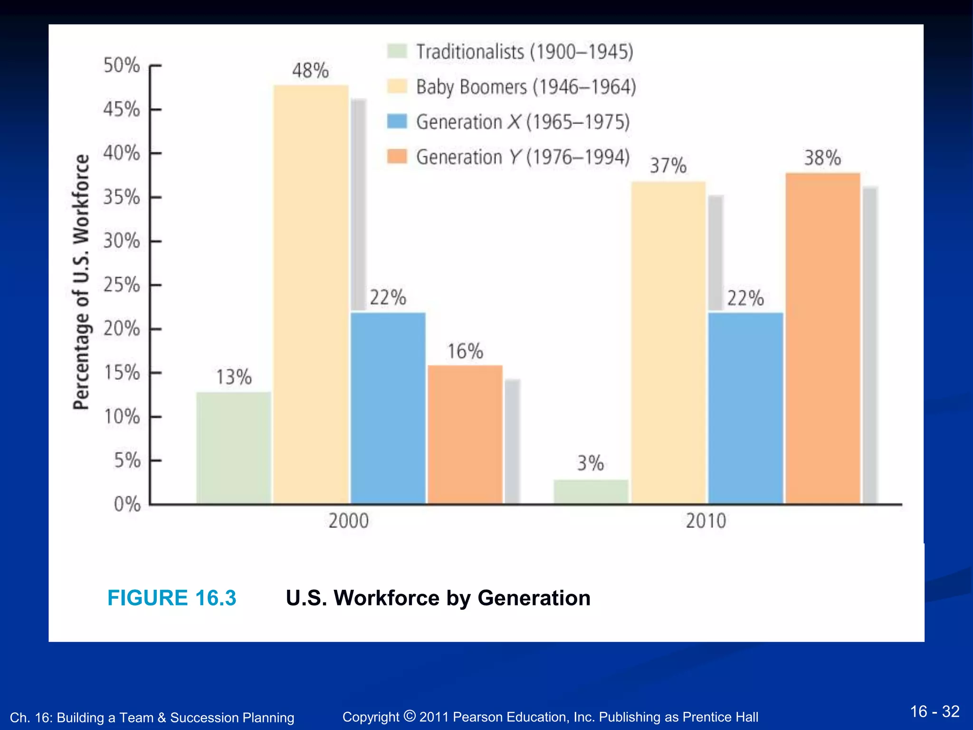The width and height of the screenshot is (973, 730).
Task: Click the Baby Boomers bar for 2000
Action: [x=311, y=295]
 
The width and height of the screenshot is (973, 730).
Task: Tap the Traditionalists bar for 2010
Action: [x=591, y=492]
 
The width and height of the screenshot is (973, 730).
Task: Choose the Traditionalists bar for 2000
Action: [x=234, y=448]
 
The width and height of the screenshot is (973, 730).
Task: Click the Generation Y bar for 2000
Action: [x=465, y=434]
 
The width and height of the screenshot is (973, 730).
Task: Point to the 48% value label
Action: [x=310, y=71]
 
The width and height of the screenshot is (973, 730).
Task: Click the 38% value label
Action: [x=822, y=158]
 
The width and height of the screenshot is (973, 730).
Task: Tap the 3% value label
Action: [x=591, y=463]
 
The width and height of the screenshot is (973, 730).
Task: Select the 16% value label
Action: [x=465, y=352]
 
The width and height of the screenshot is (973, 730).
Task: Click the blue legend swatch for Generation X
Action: [x=397, y=122]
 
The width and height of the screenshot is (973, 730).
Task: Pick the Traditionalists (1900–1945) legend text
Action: [x=525, y=52]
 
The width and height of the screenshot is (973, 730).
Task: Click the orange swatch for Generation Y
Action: [x=397, y=156]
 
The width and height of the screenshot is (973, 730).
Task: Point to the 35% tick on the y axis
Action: [x=122, y=197]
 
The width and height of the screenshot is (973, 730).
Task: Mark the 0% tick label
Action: [x=127, y=504]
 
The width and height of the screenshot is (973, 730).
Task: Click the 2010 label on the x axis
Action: [x=706, y=521]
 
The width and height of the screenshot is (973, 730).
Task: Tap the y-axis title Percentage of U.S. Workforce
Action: [x=81, y=282]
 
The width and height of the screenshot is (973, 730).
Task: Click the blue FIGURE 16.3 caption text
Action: [x=172, y=598]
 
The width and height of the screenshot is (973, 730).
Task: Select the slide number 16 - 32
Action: [x=935, y=711]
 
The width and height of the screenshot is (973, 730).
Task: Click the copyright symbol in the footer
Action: [x=410, y=715]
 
